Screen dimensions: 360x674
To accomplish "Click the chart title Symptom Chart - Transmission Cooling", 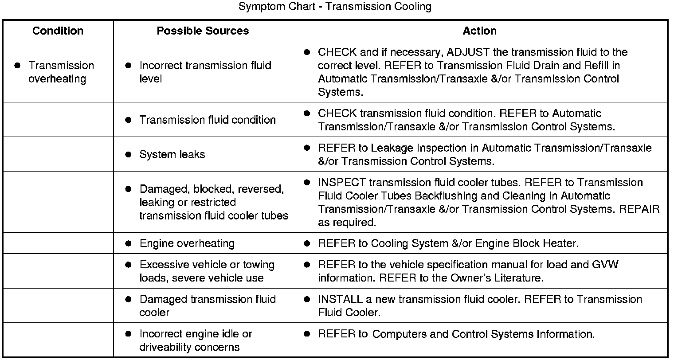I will pyautogui.click(x=335, y=7).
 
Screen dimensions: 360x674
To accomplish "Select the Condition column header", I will pyautogui.click(x=58, y=31).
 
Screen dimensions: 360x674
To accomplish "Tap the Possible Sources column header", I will pyautogui.click(x=203, y=31).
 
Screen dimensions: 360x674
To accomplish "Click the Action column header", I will pyautogui.click(x=479, y=31).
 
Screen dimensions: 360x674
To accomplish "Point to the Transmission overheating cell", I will pyautogui.click(x=61, y=72).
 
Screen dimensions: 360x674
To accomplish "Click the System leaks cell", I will pyautogui.click(x=172, y=154).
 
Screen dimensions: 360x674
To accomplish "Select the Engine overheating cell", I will pyautogui.click(x=187, y=243).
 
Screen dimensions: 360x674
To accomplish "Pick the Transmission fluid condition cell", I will pyautogui.click(x=208, y=120).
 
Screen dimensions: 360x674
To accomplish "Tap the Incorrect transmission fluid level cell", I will pyautogui.click(x=205, y=72).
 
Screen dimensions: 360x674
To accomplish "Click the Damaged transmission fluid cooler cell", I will pyautogui.click(x=207, y=306).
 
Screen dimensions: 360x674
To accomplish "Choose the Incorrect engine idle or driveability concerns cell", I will pyautogui.click(x=196, y=340).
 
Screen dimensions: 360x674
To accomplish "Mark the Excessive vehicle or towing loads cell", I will pyautogui.click(x=207, y=271).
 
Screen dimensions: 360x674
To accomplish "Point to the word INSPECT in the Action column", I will pyautogui.click(x=342, y=183).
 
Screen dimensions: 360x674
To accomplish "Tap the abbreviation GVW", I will pyautogui.click(x=605, y=265).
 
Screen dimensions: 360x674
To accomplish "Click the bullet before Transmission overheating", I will pyautogui.click(x=17, y=65).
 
